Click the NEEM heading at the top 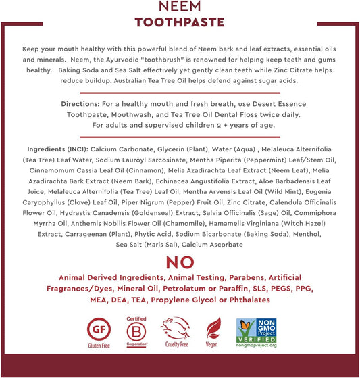[179, 7]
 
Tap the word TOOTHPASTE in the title [179, 22]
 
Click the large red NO [180, 262]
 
